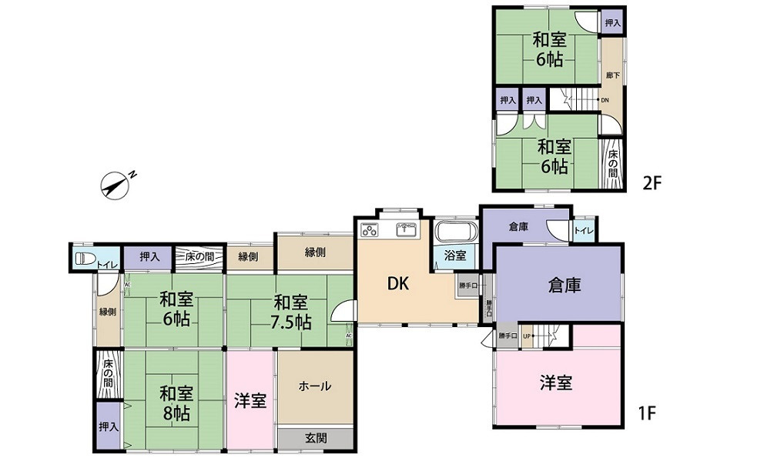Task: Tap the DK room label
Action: (397, 283)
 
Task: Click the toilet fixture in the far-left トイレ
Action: (84, 259)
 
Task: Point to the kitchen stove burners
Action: (368, 229)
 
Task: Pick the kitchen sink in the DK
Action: (406, 229)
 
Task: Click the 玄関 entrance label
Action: (316, 438)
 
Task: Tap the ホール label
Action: (315, 386)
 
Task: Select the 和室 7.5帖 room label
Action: (292, 312)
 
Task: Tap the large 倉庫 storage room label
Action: (564, 285)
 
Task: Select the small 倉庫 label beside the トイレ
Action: (518, 227)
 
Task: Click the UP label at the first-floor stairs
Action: (528, 336)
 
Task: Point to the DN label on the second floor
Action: (605, 100)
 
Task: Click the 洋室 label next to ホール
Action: (250, 400)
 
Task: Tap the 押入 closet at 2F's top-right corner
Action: (612, 24)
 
